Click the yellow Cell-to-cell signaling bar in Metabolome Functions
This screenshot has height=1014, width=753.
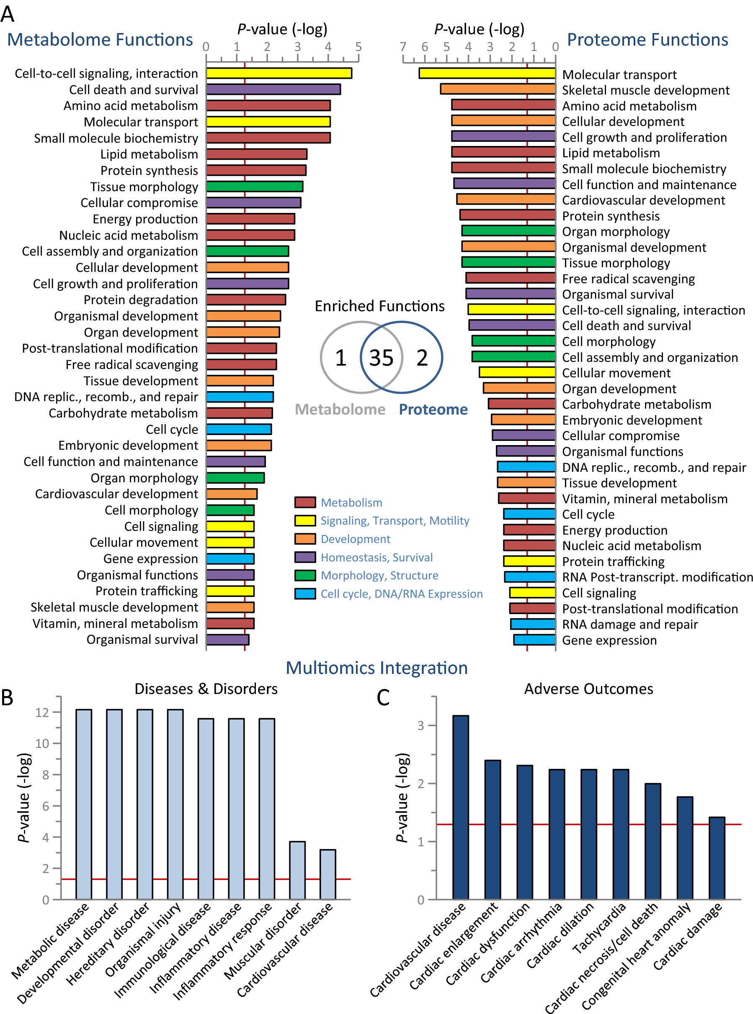pos(279,73)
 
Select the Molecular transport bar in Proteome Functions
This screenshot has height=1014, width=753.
pos(487,73)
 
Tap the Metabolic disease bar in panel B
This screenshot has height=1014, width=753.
pos(84,804)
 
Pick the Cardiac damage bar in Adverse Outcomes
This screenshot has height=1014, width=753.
pos(717,858)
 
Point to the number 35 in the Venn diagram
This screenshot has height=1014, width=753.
pos(381,358)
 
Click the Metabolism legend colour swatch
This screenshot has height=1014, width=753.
pos(305,502)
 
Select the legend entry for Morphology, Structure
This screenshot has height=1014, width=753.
pos(379,576)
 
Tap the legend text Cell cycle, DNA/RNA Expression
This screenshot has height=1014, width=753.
pos(401,594)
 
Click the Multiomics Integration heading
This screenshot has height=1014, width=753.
pos(376,668)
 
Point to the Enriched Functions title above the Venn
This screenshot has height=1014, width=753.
pos(380,306)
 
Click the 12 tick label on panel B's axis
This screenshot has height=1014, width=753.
pos(42,712)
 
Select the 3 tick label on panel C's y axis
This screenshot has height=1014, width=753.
pos(421,726)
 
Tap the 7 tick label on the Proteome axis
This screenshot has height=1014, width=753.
pos(403,47)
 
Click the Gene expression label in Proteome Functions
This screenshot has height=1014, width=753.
pos(609,640)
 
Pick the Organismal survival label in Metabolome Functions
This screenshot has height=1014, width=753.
pos(142,640)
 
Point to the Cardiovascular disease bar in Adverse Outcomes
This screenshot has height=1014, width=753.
pos(460,807)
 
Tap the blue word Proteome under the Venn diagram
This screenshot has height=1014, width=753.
pos(433,410)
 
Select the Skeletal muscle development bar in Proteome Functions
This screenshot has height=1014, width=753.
pos(498,89)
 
